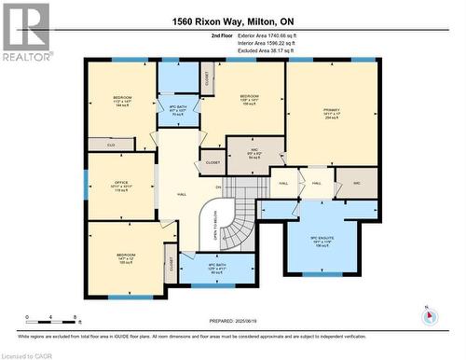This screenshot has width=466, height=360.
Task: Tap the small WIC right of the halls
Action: coord(356,184)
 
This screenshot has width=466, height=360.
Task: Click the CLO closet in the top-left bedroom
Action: coord(111,145)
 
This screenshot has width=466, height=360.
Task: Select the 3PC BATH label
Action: coord(177,111)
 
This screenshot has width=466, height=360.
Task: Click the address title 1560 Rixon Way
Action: coord(233,21)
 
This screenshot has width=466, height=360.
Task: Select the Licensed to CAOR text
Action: coord(28,354)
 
